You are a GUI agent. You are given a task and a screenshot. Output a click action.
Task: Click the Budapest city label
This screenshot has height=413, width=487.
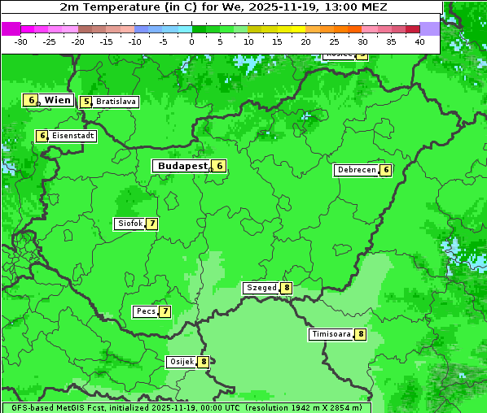click(182, 166)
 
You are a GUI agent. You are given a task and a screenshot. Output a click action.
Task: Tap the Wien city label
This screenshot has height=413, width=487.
click(58, 100)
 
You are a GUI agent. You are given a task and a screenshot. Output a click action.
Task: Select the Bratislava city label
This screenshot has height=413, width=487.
click(115, 102)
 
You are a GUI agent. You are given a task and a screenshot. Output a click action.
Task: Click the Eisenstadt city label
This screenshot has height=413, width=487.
click(72, 136)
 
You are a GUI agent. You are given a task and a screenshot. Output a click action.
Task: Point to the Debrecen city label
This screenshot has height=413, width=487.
click(356, 171)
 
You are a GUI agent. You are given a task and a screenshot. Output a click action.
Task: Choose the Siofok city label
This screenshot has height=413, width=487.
click(129, 224)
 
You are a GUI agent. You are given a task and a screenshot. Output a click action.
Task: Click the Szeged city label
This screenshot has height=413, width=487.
click(261, 288)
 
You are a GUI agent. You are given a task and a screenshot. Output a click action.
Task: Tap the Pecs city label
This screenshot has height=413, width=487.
click(146, 311)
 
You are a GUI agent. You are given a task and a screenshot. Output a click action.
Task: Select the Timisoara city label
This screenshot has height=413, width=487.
click(331, 334)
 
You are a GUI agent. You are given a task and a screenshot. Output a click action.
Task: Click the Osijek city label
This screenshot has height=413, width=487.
click(182, 362)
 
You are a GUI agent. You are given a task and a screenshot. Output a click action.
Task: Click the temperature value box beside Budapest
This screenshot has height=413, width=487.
click(219, 166)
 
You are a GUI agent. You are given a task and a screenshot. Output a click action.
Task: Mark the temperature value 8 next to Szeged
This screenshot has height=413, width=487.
click(286, 288)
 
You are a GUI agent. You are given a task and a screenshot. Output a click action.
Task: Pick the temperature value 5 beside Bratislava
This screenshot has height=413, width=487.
click(86, 102)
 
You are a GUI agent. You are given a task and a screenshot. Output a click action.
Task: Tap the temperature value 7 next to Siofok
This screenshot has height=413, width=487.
click(151, 224)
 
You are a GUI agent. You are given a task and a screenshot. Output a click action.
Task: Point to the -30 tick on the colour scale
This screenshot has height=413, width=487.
click(21, 41)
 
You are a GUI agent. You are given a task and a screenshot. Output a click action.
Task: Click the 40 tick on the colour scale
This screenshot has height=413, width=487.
click(419, 41)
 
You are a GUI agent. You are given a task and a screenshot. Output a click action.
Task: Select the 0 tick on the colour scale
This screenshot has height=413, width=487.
click(191, 41)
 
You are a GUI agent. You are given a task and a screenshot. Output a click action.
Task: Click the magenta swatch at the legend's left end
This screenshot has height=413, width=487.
click(11, 28)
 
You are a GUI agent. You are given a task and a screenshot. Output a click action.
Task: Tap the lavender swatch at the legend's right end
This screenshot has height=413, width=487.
click(429, 28)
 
